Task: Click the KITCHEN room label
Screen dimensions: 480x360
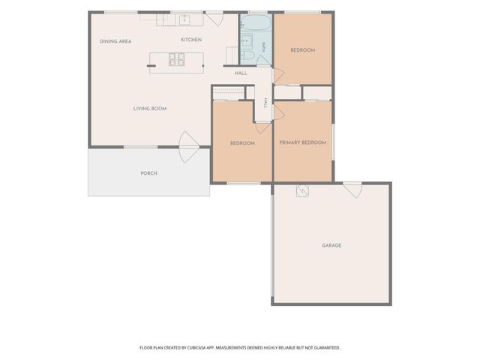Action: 191,40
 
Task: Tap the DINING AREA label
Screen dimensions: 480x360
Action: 115,41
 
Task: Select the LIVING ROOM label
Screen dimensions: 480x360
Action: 150,109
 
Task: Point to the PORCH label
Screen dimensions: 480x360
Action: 148,173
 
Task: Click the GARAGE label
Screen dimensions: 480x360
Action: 331,245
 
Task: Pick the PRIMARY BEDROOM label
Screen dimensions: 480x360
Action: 303,142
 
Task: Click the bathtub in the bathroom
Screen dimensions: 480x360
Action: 256,22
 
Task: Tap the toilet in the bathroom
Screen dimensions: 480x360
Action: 248,55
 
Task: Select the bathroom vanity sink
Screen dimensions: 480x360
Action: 247,40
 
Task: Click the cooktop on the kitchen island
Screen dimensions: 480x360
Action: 177,59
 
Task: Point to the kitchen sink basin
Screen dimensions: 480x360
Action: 184,20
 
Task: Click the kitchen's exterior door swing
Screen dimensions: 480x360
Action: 214,19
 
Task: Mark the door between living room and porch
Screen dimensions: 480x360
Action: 189,147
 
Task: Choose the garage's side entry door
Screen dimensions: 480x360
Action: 352,190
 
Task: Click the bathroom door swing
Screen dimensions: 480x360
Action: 263,61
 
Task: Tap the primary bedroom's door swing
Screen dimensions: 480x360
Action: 279,112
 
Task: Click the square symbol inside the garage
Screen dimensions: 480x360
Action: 302,191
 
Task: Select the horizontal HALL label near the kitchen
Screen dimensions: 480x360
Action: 241,73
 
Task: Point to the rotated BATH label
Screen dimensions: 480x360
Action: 263,47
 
